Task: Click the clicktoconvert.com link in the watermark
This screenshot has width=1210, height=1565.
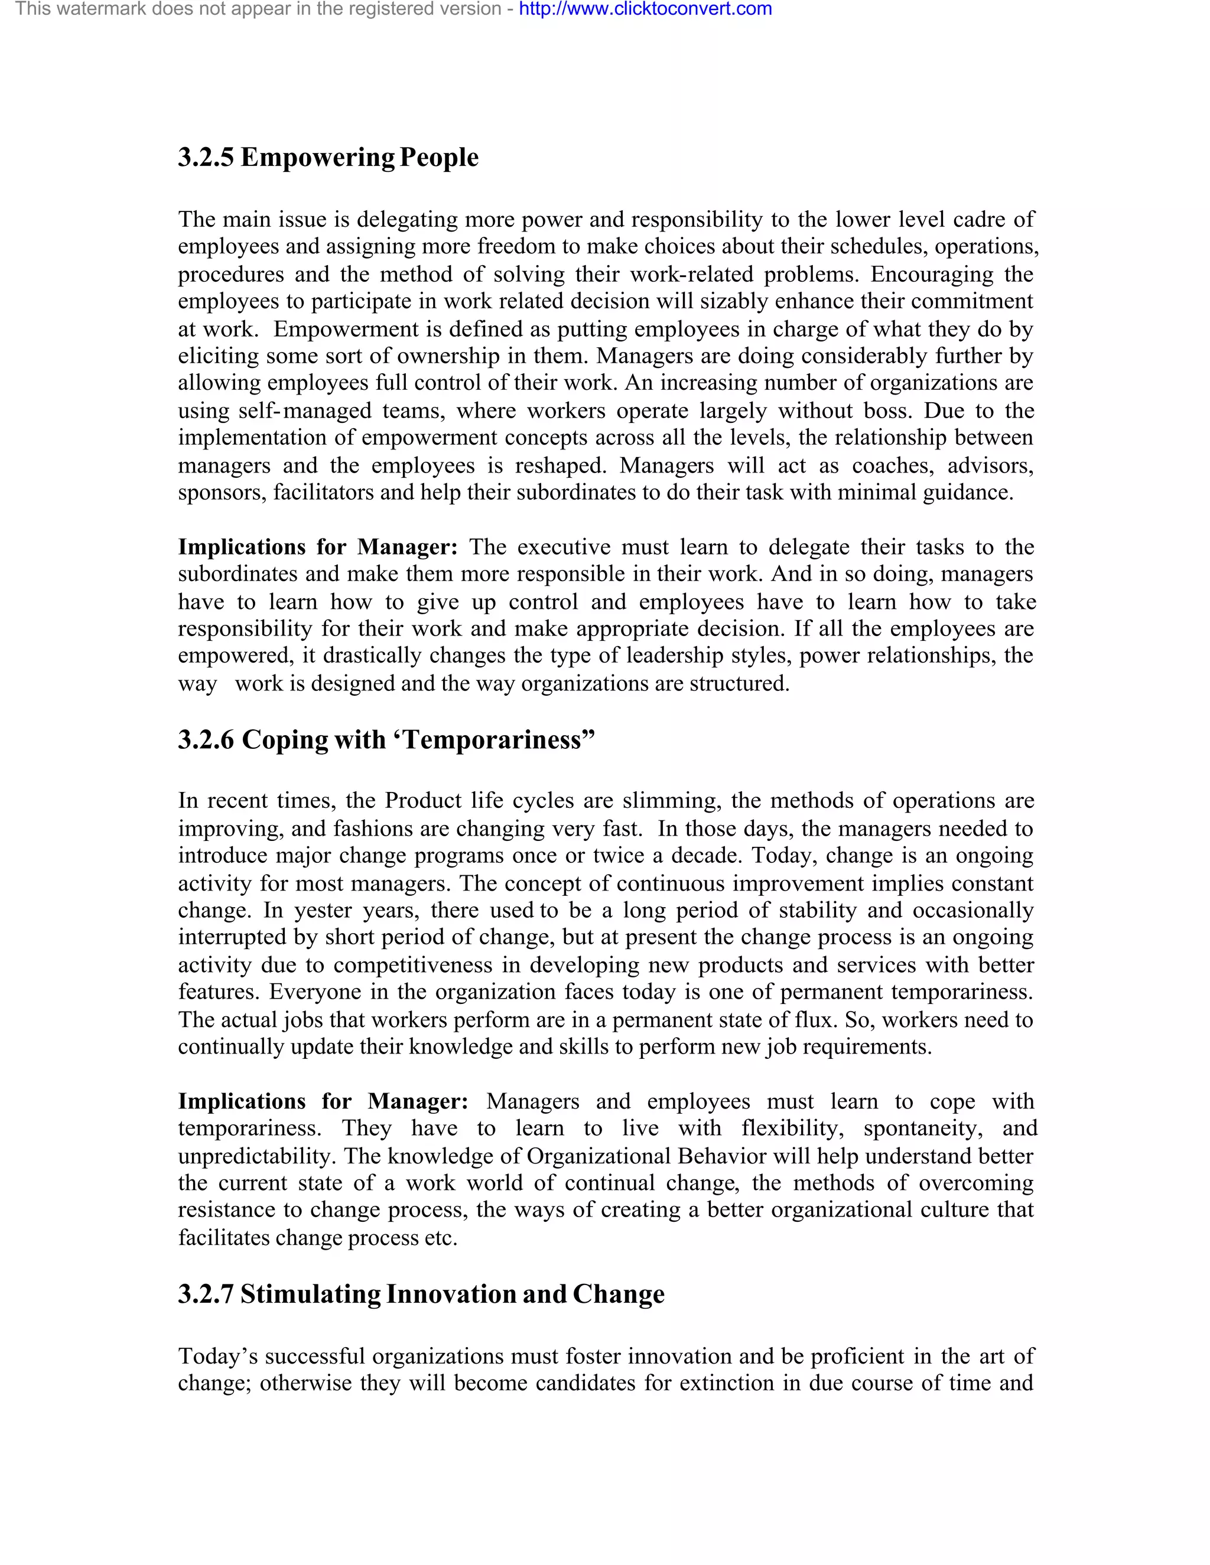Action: pyautogui.click(x=645, y=9)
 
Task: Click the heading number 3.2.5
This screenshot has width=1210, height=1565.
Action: pyautogui.click(x=206, y=157)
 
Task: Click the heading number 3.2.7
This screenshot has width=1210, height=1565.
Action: pyautogui.click(x=206, y=1294)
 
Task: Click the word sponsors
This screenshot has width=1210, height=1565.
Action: pyautogui.click(x=222, y=493)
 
